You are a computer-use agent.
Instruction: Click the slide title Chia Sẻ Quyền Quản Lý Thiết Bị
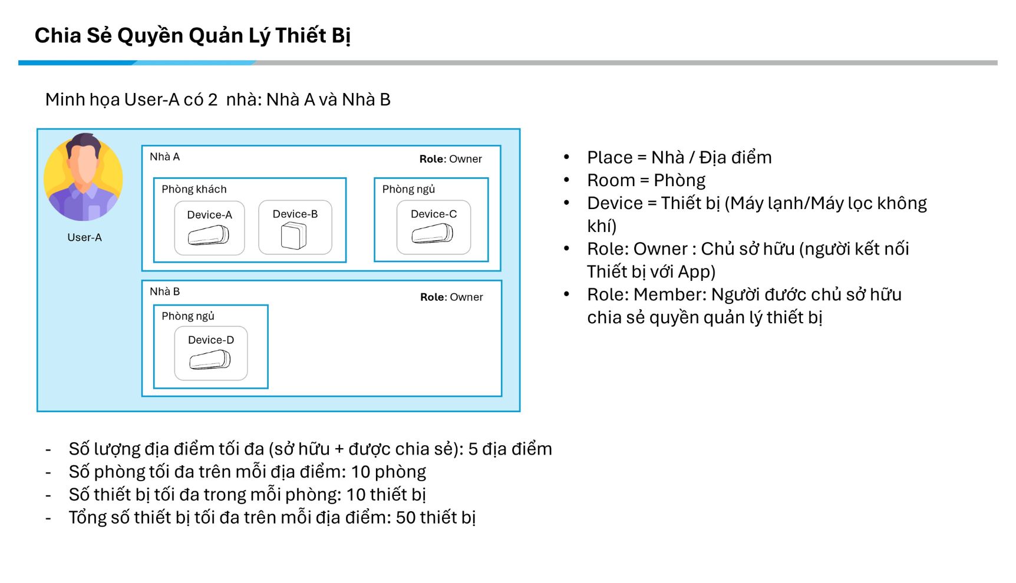click(192, 36)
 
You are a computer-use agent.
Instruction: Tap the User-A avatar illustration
click(83, 177)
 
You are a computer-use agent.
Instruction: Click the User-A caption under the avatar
click(84, 237)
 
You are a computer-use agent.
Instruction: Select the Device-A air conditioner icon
click(209, 236)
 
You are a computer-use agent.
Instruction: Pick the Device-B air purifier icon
click(293, 236)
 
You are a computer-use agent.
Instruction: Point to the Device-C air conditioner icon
click(433, 234)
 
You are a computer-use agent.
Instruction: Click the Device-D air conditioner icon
click(210, 360)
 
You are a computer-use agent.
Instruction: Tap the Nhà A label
click(164, 157)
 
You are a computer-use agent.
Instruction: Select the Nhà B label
click(164, 291)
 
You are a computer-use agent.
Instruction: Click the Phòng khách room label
click(194, 189)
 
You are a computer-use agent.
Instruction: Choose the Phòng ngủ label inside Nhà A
click(408, 189)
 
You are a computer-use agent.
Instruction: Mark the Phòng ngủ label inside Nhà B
click(188, 316)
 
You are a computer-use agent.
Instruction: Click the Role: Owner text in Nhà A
click(450, 159)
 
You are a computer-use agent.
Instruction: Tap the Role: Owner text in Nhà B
click(451, 297)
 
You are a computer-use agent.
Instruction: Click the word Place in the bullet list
click(609, 158)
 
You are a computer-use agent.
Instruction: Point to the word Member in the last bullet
click(669, 294)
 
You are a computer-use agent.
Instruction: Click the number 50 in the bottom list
click(405, 518)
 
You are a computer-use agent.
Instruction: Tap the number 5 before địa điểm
click(473, 449)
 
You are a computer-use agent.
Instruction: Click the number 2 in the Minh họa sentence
click(213, 100)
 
